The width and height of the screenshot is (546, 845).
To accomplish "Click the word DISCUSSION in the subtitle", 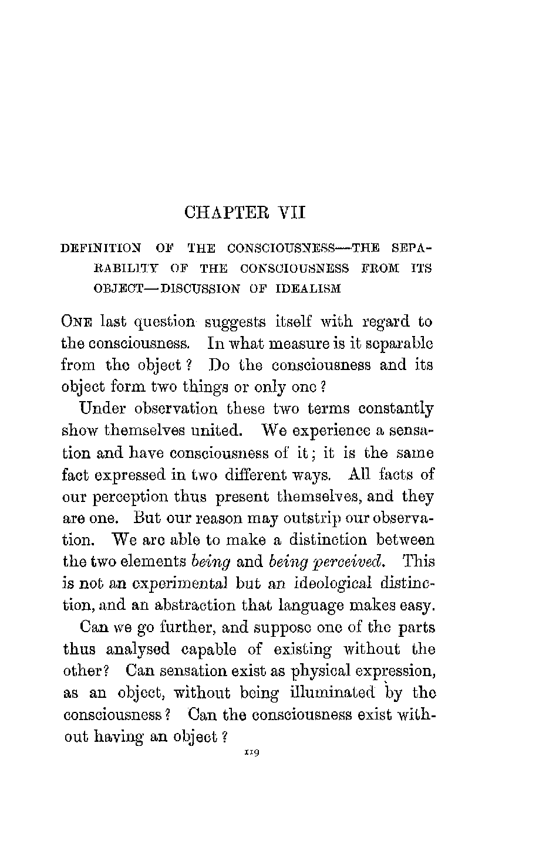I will coord(201,288).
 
